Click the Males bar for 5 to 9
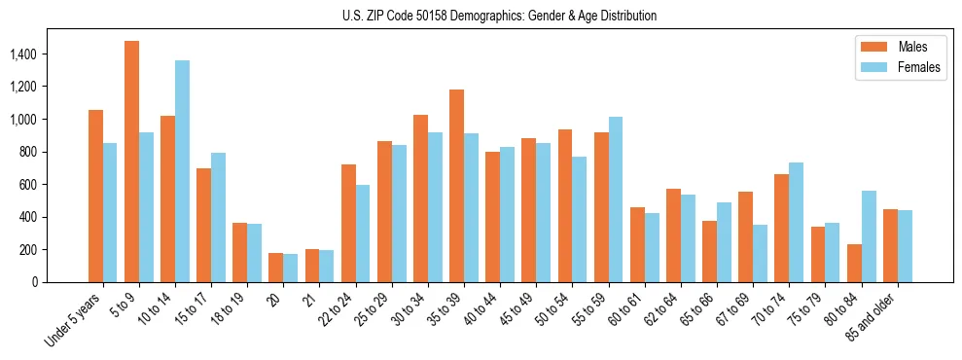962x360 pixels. (131, 162)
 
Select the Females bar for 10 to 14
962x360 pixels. (182, 171)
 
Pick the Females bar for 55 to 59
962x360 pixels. (616, 199)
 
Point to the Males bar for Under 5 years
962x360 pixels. (95, 196)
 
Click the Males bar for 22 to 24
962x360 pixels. (348, 223)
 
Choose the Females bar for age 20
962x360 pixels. (291, 268)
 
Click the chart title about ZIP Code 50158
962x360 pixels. (500, 16)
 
